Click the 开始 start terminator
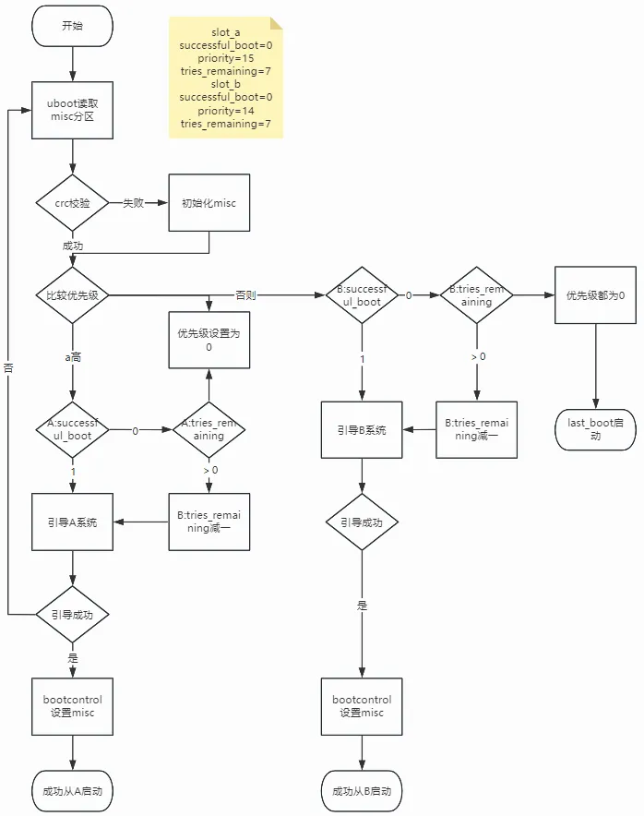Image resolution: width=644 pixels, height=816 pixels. click(72, 26)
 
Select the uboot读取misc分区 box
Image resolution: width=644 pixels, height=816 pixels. click(72, 111)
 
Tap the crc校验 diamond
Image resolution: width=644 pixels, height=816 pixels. click(72, 203)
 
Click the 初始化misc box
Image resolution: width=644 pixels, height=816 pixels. click(209, 203)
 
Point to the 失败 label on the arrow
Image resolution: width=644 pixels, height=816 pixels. click(133, 203)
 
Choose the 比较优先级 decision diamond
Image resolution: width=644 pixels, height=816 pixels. click(72, 295)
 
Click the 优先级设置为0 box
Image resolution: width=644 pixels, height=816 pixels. click(209, 340)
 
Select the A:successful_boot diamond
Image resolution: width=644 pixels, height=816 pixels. click(72, 430)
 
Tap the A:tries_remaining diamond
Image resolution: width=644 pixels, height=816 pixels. click(209, 430)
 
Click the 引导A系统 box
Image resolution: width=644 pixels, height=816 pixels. click(72, 522)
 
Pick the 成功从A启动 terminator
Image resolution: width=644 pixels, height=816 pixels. click(72, 791)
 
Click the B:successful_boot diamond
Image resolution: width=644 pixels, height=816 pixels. click(362, 295)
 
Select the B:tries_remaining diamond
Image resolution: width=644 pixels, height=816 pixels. click(476, 295)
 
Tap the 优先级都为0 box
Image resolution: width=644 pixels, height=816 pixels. click(596, 295)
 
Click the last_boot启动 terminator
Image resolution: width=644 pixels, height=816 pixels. click(596, 430)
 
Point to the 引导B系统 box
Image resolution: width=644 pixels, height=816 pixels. click(362, 430)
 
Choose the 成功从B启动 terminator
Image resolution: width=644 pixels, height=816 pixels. click(362, 791)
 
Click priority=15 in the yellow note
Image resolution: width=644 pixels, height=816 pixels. click(226, 58)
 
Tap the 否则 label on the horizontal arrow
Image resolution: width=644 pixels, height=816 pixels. click(245, 295)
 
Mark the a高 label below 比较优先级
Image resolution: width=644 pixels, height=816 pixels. click(73, 357)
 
